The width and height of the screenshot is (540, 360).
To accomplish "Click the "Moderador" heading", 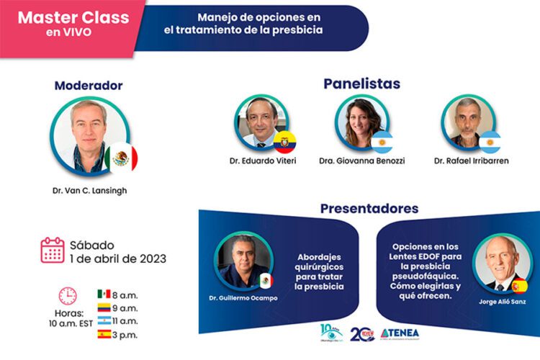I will tap(89, 86).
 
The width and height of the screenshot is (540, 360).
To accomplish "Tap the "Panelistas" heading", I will tap(361, 84).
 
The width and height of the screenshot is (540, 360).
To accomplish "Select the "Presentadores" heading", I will tap(369, 209).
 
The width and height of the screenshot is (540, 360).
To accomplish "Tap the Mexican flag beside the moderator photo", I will tap(121, 158).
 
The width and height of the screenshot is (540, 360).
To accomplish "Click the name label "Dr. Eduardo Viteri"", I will tap(263, 161).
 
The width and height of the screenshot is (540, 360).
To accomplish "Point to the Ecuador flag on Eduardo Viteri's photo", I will tap(284, 140).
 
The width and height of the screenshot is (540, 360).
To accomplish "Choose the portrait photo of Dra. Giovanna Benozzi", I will tap(361, 122).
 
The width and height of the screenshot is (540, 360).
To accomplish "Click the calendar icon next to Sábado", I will tap(53, 249).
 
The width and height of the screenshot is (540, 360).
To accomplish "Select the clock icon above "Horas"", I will tap(68, 295).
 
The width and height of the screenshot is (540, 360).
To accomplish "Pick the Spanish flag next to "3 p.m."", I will tap(104, 334).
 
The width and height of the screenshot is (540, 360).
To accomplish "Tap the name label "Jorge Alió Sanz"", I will tap(501, 302).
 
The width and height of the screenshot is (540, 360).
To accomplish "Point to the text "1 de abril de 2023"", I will tap(118, 258).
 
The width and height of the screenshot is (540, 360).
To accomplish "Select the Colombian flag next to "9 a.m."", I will tap(104, 307).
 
